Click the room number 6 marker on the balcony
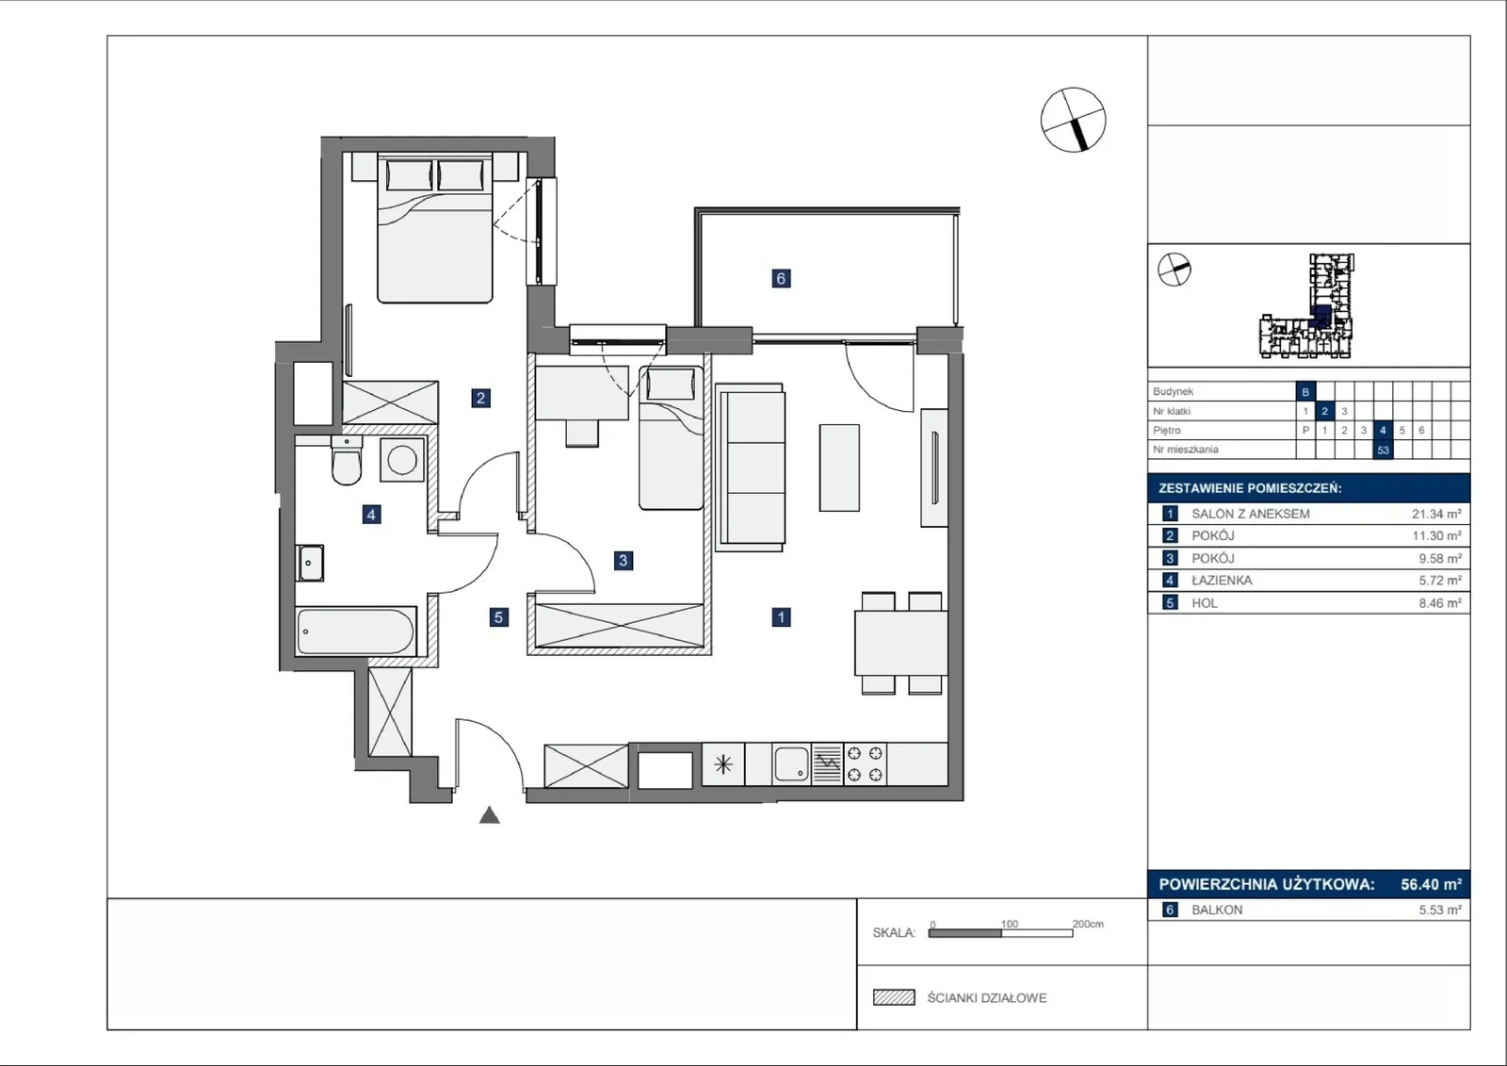(781, 278)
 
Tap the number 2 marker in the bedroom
(480, 398)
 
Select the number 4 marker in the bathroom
(371, 516)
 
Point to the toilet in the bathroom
(347, 460)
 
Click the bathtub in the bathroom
(356, 631)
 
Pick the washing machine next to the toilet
(401, 460)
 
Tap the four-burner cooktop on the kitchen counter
(866, 763)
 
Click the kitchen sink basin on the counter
(791, 763)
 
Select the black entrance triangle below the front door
(489, 815)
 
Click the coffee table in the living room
(839, 467)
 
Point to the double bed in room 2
(434, 227)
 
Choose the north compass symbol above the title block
(1073, 120)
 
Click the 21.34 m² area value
(1436, 514)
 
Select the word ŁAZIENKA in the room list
(1222, 581)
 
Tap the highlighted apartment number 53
(1383, 450)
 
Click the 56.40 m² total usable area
(1431, 884)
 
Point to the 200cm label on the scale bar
(1088, 924)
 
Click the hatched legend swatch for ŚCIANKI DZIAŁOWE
(894, 997)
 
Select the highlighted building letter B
(1305, 392)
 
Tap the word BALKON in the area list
(1217, 910)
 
